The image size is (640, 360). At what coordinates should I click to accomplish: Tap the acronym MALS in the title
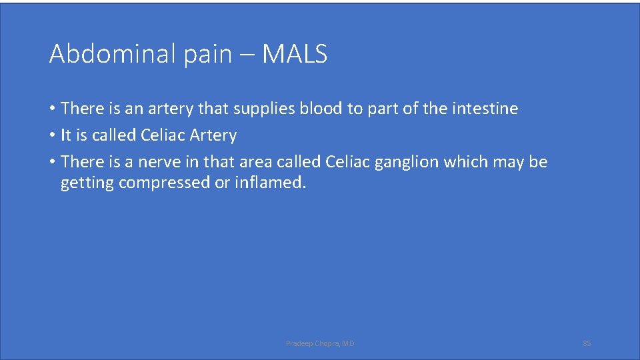(x=295, y=54)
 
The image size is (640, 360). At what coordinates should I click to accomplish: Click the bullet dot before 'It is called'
(x=52, y=135)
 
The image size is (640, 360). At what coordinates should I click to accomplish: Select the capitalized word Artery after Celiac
(x=213, y=135)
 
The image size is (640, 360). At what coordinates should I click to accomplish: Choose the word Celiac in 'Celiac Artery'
(x=163, y=135)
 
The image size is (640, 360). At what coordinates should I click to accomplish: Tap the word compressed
(x=165, y=183)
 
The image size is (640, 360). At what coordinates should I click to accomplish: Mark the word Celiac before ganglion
(x=347, y=162)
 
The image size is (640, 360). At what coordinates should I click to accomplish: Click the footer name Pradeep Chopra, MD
(x=320, y=343)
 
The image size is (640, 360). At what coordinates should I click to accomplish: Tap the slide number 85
(x=587, y=343)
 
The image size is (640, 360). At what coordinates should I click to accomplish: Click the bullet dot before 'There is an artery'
(x=52, y=109)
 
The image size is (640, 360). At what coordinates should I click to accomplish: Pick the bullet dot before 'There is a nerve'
(x=52, y=162)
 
